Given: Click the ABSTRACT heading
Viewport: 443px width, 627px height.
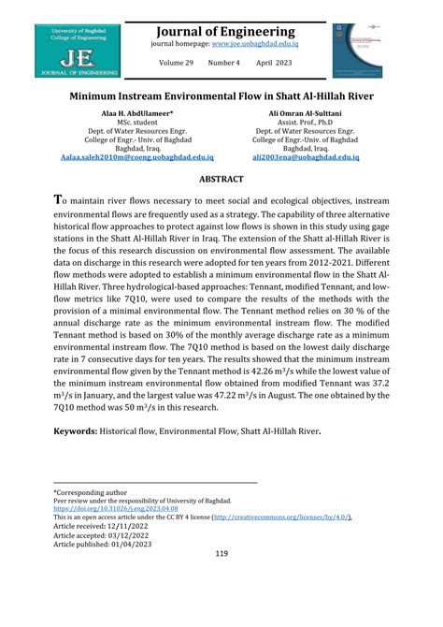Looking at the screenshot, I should click(x=221, y=179).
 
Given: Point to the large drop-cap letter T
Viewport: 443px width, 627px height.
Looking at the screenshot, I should click(x=58, y=200).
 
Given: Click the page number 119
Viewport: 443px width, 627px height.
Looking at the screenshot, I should click(x=221, y=580).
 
